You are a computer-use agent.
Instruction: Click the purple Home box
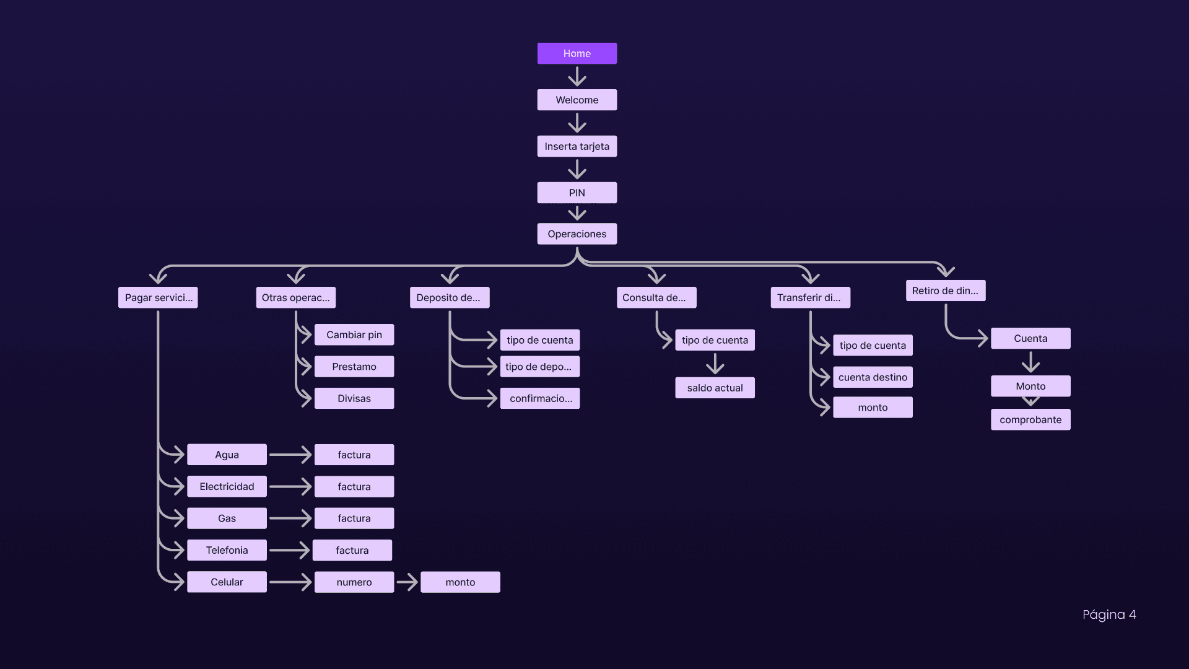point(577,53)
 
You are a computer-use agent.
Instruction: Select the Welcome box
point(577,100)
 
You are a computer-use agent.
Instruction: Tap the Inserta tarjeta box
point(577,146)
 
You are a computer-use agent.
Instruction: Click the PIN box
point(577,193)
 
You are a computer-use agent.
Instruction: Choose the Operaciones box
point(577,234)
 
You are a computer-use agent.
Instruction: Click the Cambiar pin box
point(354,334)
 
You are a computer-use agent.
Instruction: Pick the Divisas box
point(354,398)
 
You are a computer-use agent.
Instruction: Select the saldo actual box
point(715,388)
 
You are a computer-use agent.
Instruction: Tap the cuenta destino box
point(873,377)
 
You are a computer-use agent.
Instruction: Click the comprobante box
point(1030,419)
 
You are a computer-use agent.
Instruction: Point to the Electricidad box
point(227,486)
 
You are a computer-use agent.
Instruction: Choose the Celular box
point(227,582)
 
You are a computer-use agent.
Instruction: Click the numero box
point(354,582)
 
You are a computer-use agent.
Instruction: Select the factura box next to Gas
point(354,518)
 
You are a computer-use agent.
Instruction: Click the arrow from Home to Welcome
point(577,76)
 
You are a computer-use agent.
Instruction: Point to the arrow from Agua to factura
point(290,455)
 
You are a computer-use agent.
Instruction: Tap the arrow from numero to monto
point(407,582)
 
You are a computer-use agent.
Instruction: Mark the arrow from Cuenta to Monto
point(1030,362)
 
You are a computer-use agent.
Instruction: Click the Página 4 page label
point(1108,614)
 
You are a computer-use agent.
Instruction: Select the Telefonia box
point(227,550)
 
